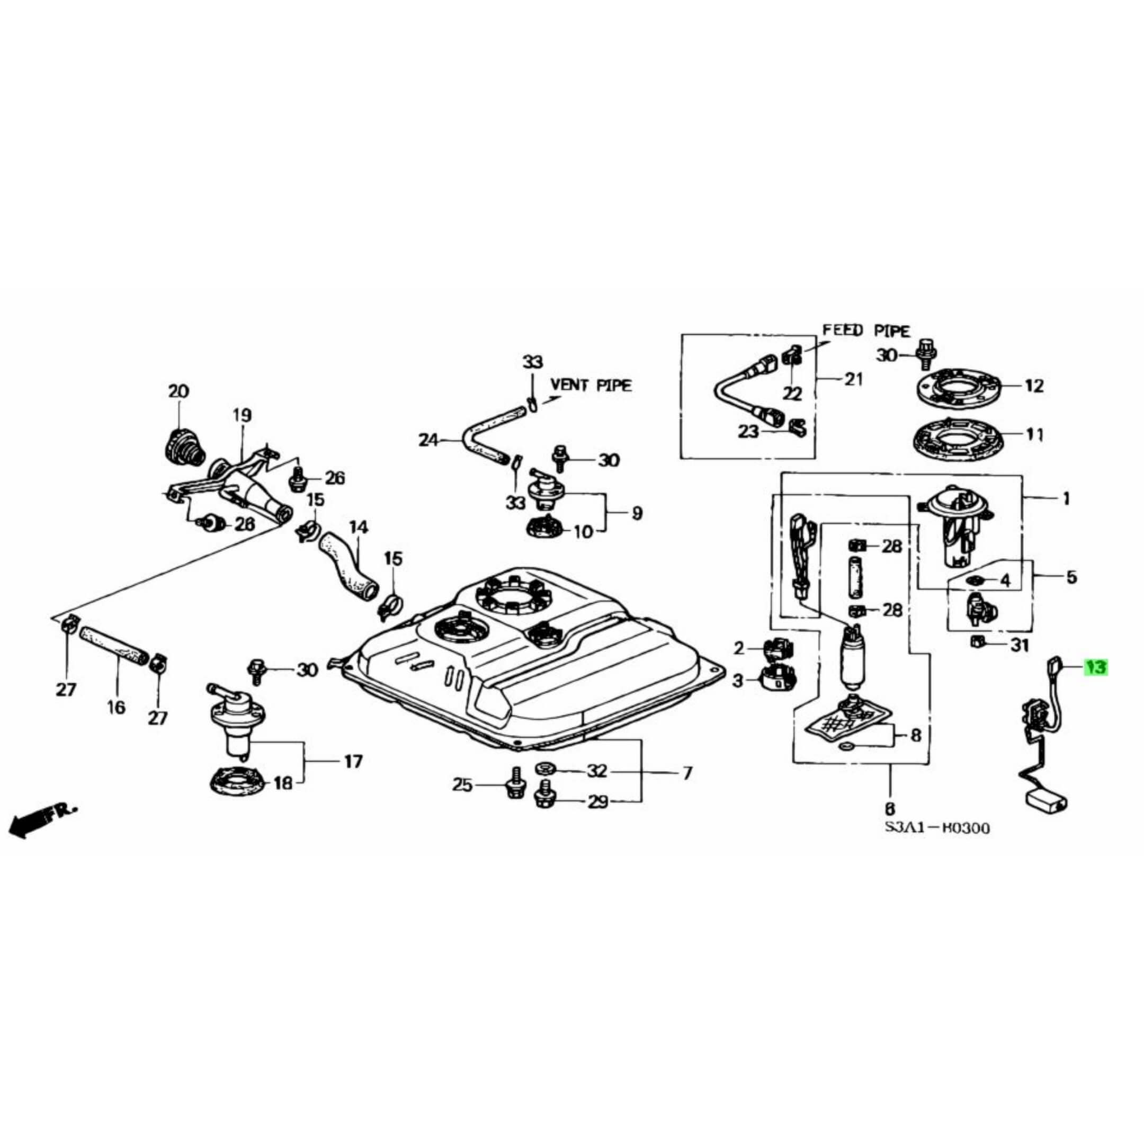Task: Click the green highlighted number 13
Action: (x=1095, y=667)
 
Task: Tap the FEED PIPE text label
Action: (x=866, y=330)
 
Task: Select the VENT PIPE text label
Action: (x=591, y=385)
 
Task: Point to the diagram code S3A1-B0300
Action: (x=937, y=828)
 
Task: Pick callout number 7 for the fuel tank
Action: (x=687, y=773)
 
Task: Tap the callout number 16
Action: (x=116, y=707)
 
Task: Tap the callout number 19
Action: (x=242, y=415)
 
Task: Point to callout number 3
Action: (x=737, y=681)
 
